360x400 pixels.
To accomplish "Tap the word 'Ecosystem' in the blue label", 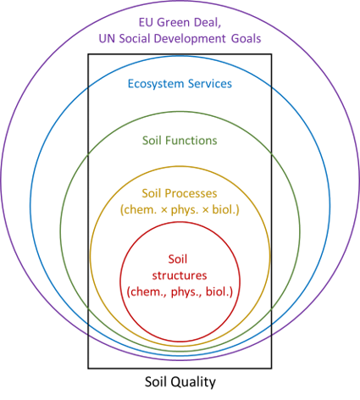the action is click(156, 84).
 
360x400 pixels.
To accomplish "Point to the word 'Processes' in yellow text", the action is click(191, 193).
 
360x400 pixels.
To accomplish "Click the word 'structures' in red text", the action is click(180, 275).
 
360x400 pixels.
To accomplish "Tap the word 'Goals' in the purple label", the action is click(246, 39).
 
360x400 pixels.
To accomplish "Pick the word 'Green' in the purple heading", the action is click(173, 23).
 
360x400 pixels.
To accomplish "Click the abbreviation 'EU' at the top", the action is click(146, 23).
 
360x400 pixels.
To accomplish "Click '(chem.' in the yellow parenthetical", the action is click(138, 209).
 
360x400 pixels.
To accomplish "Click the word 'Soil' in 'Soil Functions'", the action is click(152, 141).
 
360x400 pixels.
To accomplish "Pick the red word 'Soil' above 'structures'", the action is click(178, 259).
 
